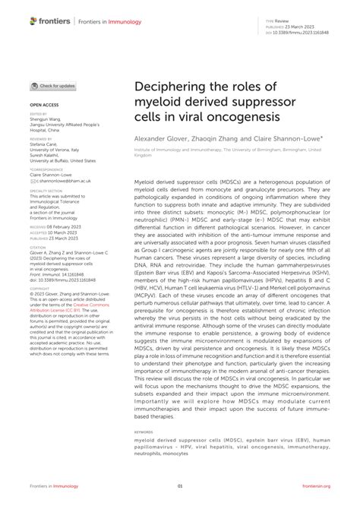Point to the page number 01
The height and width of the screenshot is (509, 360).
(x=180, y=487)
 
